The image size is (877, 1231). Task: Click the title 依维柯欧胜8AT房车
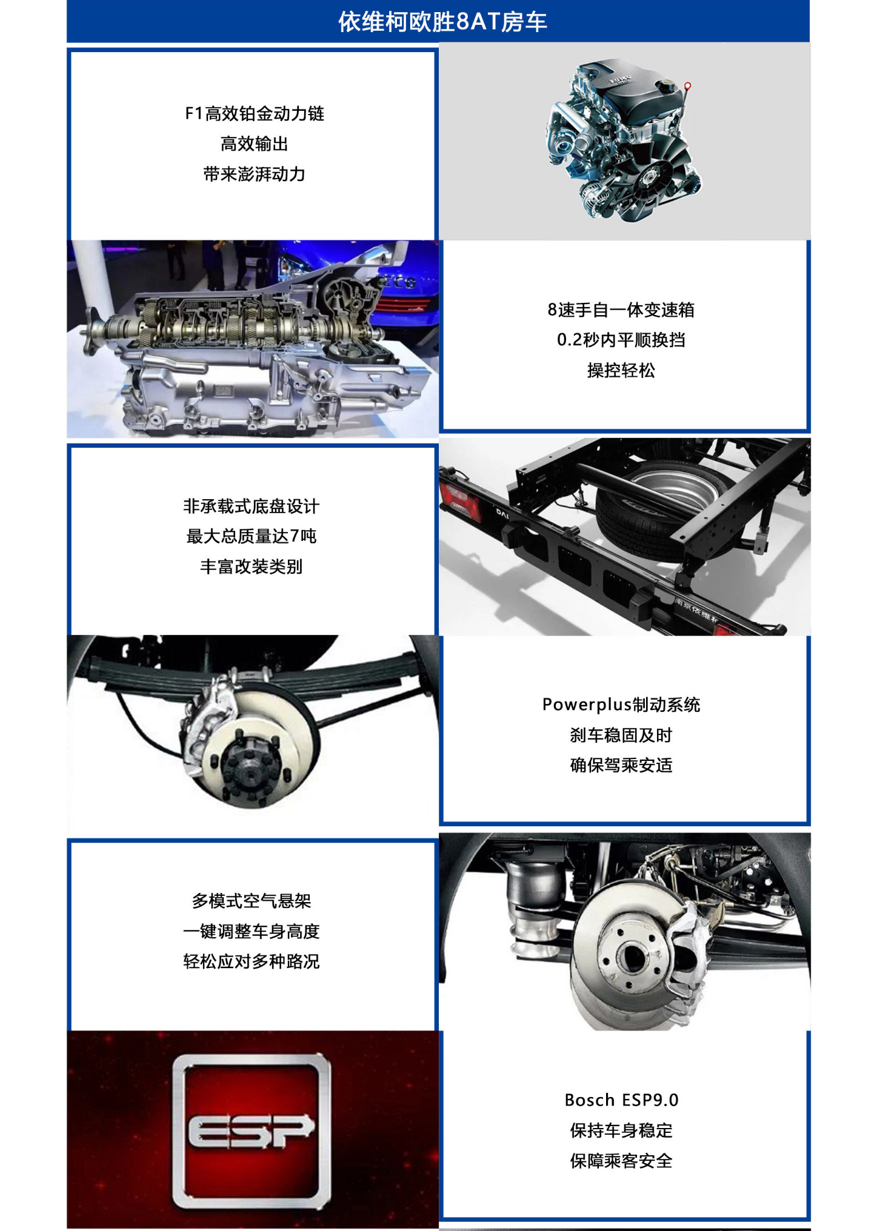coord(442,22)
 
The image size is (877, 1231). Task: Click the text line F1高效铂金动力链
coord(255,113)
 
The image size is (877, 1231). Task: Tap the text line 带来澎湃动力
coord(255,174)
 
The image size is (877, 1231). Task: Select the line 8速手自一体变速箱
coord(621,310)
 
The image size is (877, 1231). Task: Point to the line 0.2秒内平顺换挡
coord(621,340)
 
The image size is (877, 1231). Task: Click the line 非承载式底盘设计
coord(252,506)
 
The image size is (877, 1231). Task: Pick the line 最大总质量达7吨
coord(252,536)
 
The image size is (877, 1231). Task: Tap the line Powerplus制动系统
coord(621,705)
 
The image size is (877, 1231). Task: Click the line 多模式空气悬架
coord(252,901)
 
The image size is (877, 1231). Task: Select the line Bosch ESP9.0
coord(621,1100)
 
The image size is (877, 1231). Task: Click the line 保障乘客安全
coord(621,1161)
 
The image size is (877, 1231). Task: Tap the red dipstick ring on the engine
coord(687,85)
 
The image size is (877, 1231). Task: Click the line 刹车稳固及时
coord(621,735)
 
